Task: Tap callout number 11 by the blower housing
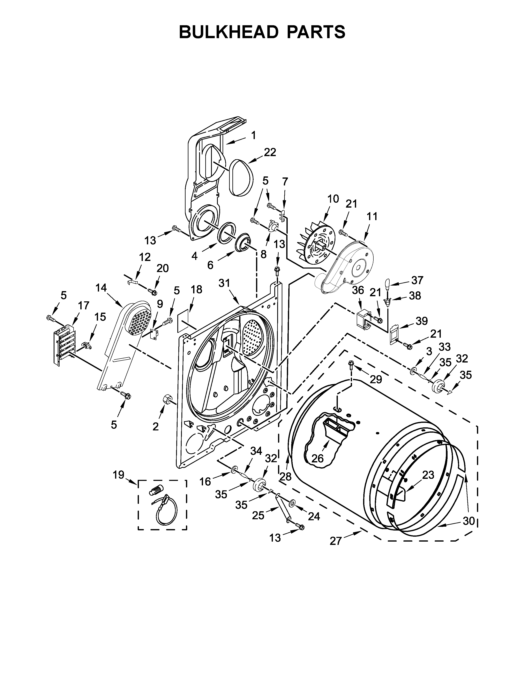tap(372, 216)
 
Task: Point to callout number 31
tap(224, 283)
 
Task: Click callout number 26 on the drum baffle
tap(317, 458)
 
